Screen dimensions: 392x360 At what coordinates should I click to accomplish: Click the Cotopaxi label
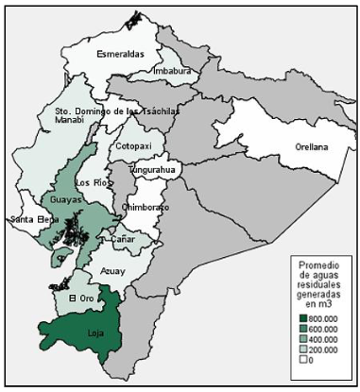coord(133,146)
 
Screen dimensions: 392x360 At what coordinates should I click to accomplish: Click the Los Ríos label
coord(91,181)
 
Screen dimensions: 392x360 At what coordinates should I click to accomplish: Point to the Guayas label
coord(61,201)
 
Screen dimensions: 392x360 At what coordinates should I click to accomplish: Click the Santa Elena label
coord(29,220)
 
